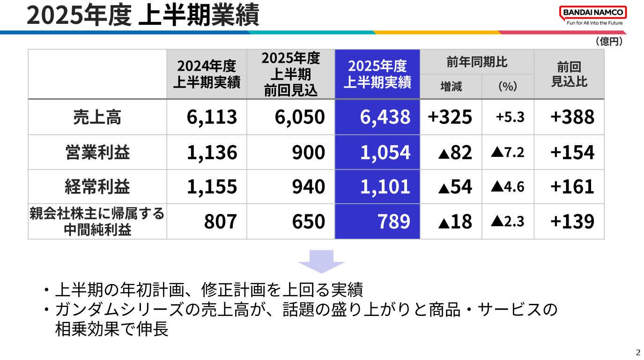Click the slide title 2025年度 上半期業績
point(143,15)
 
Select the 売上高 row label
point(97,117)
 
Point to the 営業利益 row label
point(97,152)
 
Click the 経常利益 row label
point(97,187)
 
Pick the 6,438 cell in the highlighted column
point(385,117)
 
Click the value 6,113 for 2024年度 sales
point(212,117)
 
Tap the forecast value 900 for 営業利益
point(308,152)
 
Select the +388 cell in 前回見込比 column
point(572,117)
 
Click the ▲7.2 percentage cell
point(507,152)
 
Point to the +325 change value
point(450,117)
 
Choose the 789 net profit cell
point(393,221)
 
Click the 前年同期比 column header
point(477,62)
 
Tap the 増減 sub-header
point(451,86)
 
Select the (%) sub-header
point(507,86)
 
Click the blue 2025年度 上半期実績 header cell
point(377,74)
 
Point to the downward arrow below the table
point(321,261)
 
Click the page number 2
point(637,353)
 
